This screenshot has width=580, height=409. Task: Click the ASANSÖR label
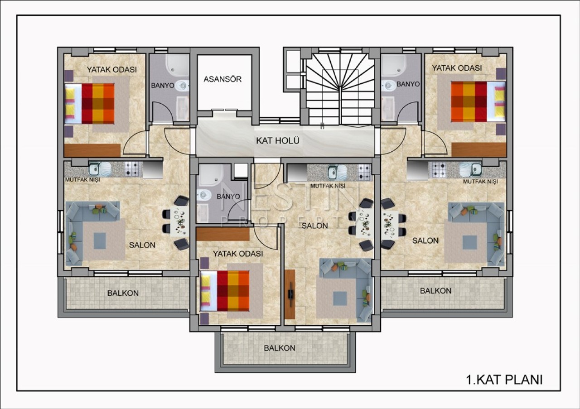point(222,79)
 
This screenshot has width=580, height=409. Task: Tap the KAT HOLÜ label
point(278,141)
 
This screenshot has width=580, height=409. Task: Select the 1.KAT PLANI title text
point(504,380)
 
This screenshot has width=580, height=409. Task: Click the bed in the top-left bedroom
point(89,104)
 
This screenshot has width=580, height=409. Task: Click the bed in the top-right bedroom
point(478,101)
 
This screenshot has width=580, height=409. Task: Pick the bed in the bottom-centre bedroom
point(225,291)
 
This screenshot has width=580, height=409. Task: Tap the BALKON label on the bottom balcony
point(280,348)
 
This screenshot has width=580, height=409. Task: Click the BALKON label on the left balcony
point(123,294)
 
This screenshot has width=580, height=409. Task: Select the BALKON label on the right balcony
point(436,291)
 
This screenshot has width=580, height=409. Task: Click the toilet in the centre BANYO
point(204,194)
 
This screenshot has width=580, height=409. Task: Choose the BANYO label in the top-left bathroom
point(163,86)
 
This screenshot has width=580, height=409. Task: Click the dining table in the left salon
point(179,221)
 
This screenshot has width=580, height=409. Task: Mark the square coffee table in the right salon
point(470,242)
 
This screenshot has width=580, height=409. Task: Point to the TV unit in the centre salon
point(290,294)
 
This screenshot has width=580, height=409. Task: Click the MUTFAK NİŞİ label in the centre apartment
point(328,186)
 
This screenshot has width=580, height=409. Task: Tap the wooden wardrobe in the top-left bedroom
point(92,150)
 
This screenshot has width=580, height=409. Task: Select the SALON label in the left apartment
point(142,245)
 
